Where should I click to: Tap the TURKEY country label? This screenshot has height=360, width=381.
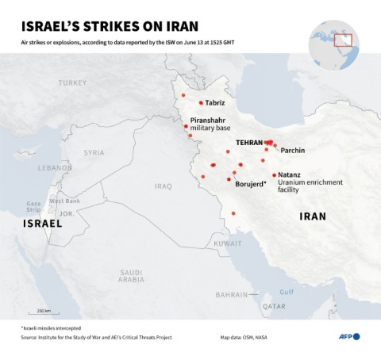pyautogui.click(x=71, y=82)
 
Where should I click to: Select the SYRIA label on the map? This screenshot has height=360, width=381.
pyautogui.click(x=94, y=152)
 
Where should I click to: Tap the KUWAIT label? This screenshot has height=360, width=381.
pyautogui.click(x=227, y=243)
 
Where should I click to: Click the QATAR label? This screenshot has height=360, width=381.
pyautogui.click(x=275, y=306)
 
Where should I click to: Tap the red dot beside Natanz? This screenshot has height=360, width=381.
pyautogui.click(x=274, y=174)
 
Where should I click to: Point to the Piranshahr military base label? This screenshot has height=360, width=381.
pyautogui.click(x=210, y=124)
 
